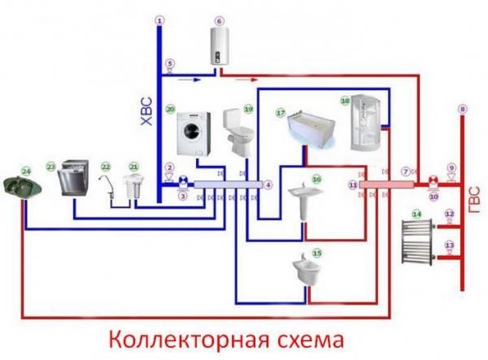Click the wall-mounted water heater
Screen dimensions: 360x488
point(220,46)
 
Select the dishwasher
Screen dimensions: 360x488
point(72,179)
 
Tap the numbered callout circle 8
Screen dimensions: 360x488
point(462,109)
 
